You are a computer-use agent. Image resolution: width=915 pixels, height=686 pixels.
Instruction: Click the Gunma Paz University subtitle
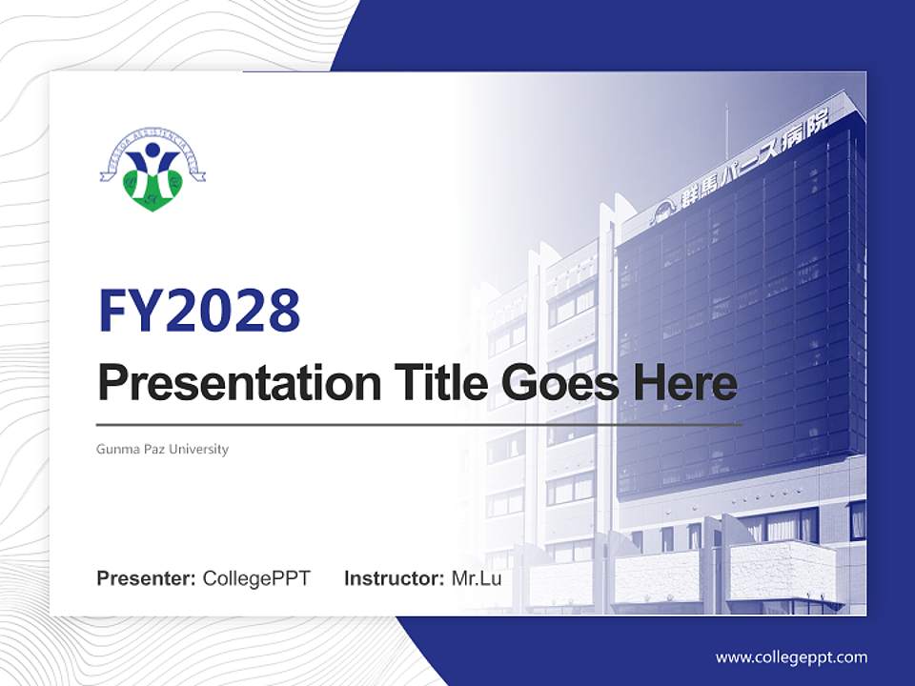pos(162,449)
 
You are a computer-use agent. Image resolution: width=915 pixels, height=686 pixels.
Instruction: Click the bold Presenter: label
pos(147,578)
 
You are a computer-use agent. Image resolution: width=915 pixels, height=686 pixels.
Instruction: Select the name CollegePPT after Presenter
pos(256,578)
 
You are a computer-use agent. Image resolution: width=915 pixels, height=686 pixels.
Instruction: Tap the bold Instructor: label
pos(394,578)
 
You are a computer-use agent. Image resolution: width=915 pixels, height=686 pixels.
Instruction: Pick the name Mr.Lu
pos(476,578)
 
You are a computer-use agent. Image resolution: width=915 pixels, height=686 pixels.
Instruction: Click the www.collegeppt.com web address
pos(791,657)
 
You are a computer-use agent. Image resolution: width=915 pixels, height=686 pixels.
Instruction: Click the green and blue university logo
pos(152,171)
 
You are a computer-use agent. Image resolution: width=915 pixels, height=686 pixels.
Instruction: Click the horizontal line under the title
pos(419,424)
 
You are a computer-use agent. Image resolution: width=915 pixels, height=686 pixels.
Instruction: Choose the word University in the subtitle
pos(201,449)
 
